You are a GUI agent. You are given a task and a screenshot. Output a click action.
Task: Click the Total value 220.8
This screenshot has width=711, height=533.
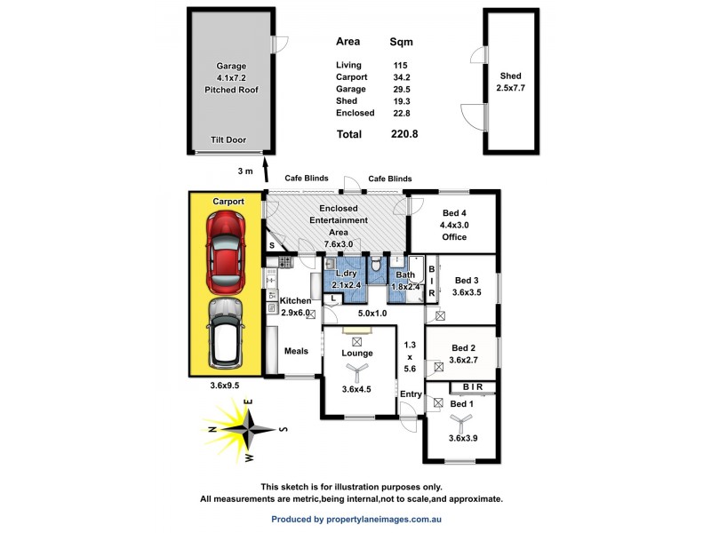pyautogui.click(x=403, y=134)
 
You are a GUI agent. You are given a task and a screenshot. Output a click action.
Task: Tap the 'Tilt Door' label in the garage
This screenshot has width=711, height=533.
pyautogui.click(x=228, y=140)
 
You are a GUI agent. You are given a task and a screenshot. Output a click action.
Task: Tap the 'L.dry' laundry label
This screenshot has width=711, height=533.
pyautogui.click(x=346, y=274)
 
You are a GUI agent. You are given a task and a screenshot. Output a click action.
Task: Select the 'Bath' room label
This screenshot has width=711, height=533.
pyautogui.click(x=405, y=274)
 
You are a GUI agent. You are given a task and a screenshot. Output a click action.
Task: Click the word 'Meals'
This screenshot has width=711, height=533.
pyautogui.click(x=296, y=351)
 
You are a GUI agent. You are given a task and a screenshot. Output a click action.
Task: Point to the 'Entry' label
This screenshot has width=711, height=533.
pyautogui.click(x=410, y=394)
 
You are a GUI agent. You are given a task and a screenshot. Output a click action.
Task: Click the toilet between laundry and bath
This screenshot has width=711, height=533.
pyautogui.click(x=377, y=263)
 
